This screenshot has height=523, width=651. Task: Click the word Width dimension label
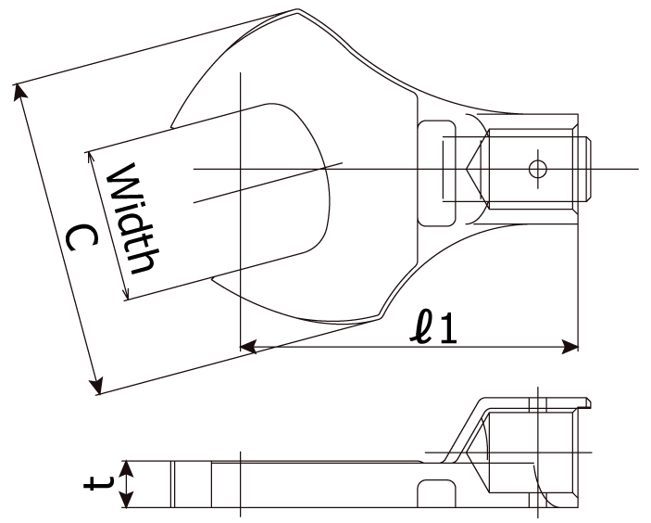point(132,218)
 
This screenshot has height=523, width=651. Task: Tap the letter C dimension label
point(82,238)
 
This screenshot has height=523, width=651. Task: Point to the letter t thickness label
point(98,484)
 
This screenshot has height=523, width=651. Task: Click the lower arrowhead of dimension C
point(96,386)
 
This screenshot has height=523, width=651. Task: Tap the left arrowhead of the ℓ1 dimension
point(248,346)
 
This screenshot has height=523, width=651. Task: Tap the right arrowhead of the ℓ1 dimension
point(570,346)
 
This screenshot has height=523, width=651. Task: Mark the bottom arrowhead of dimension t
point(127,499)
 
